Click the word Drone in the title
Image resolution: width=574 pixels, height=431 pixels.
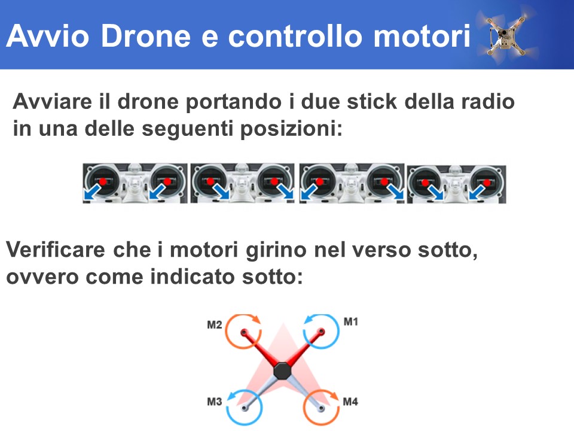point(145,36)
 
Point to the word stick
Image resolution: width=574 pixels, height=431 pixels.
point(372,101)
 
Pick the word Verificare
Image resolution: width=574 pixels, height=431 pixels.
point(56,250)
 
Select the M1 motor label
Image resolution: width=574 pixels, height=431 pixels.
point(351,322)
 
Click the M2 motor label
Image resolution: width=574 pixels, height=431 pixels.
point(215,324)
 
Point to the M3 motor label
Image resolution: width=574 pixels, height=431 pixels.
point(215,402)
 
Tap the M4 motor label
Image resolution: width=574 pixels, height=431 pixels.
point(350,402)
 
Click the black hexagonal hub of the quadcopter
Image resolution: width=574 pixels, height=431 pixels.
point(282,371)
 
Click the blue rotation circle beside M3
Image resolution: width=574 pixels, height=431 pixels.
point(227,408)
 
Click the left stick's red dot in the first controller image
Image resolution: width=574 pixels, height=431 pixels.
point(103,181)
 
